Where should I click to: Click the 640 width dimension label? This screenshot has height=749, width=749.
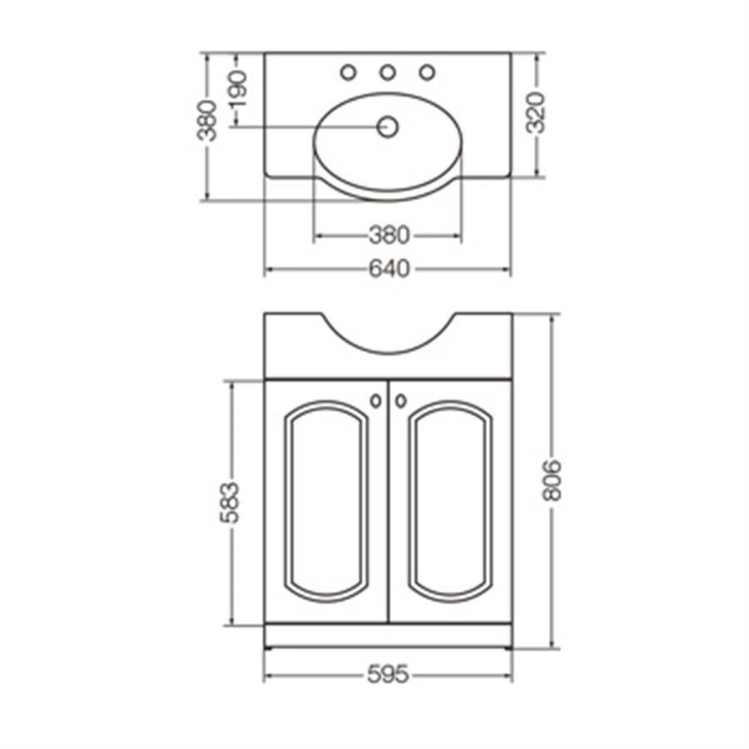[389, 269]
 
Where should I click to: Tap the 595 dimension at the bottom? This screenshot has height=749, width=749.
[388, 675]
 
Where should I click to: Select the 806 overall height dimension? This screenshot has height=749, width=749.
[553, 480]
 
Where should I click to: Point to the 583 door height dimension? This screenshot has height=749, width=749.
[231, 503]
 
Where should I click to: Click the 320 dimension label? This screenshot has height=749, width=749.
[535, 112]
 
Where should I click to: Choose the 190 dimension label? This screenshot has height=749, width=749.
[238, 89]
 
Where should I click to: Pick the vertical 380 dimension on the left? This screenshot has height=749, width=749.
[207, 121]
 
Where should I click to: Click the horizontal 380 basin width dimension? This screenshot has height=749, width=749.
[389, 235]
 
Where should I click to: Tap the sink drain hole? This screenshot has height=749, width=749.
[387, 127]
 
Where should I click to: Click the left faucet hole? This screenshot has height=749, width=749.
[348, 72]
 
